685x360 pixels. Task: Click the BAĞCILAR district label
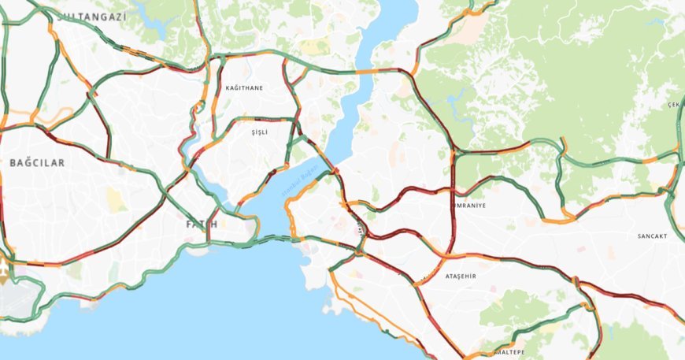click(x=37, y=162)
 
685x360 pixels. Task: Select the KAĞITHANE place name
click(x=244, y=88)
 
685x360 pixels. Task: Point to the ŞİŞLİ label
click(x=259, y=132)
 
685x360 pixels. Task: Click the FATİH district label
click(x=201, y=225)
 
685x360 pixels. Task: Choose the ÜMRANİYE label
click(x=468, y=205)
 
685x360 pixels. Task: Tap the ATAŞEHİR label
click(x=461, y=277)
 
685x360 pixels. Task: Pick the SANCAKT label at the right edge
click(x=652, y=236)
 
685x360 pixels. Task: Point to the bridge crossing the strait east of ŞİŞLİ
click(x=334, y=169)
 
